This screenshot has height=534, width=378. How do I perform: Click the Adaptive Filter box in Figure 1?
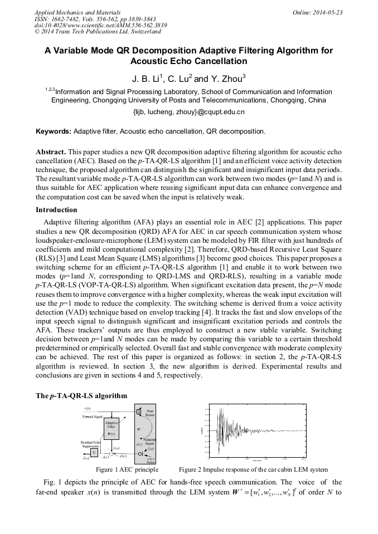(110, 429)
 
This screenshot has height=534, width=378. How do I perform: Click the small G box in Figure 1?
(94, 453)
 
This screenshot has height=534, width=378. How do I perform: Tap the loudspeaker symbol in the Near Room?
(138, 412)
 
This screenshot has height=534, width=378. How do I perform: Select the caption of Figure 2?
(253, 469)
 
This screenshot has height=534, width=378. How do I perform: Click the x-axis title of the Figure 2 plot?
(257, 462)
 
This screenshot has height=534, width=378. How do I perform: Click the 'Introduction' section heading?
(56, 210)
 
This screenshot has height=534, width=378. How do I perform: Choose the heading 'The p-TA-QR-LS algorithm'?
(81, 396)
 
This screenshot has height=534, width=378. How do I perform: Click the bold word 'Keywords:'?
(54, 132)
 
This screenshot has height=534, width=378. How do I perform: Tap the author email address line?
(188, 112)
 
